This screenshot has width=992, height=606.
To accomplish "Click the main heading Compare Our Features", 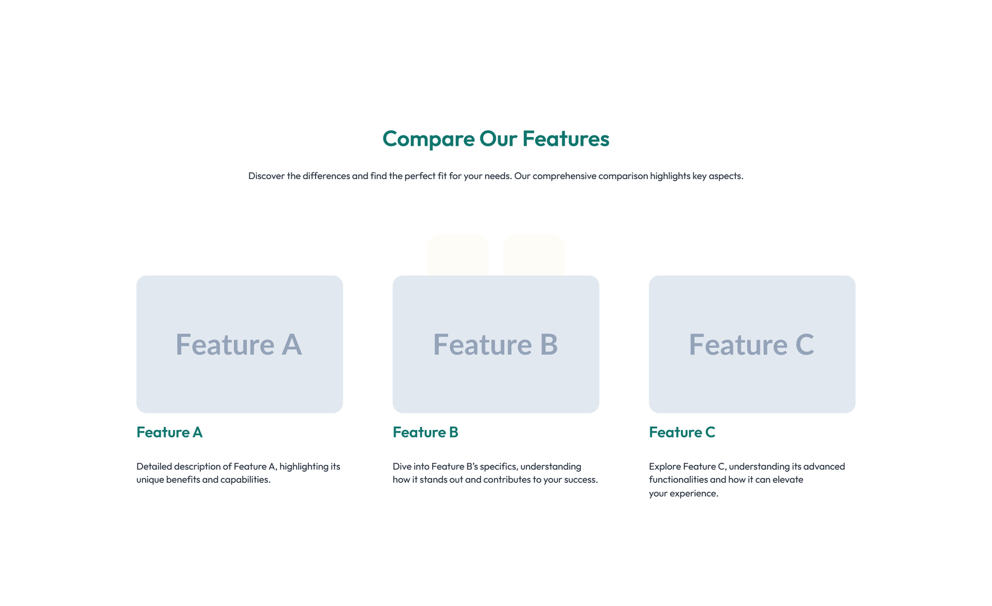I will [x=495, y=139].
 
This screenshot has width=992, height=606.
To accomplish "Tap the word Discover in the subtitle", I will [x=266, y=176].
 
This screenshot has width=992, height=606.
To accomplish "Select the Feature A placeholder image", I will [x=239, y=344].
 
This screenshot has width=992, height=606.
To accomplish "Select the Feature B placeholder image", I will [x=495, y=344].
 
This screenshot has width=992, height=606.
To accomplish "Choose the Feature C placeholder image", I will [x=751, y=344].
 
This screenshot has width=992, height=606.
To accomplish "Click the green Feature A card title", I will [x=169, y=433].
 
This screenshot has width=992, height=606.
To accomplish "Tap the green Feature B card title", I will [x=425, y=433].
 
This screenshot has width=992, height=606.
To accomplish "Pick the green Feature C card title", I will [x=682, y=433].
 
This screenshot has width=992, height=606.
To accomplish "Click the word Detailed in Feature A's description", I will [x=154, y=467].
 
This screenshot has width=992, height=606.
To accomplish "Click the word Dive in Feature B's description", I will [x=402, y=467].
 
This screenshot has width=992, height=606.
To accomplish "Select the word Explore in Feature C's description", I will [x=665, y=467].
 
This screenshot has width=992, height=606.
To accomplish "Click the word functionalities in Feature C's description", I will [x=678, y=480].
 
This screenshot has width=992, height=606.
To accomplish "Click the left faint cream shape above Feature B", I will [x=458, y=254].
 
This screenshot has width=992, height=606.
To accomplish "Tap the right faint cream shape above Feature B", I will [x=533, y=254].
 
